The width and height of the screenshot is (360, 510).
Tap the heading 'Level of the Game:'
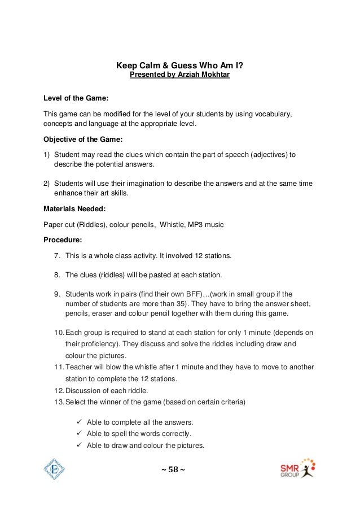click(x=72, y=98)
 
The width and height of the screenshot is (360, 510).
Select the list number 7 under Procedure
click(x=57, y=255)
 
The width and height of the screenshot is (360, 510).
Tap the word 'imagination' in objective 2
click(x=144, y=184)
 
